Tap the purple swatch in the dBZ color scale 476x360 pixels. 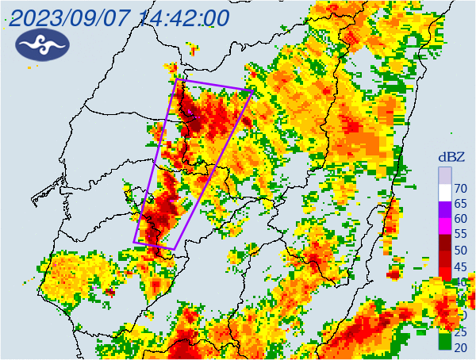click(x=445, y=210)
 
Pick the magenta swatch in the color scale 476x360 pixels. click(x=445, y=226)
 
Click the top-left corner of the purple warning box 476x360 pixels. click(x=177, y=80)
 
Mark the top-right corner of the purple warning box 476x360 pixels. click(x=251, y=91)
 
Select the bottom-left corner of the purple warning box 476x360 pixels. click(x=134, y=242)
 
